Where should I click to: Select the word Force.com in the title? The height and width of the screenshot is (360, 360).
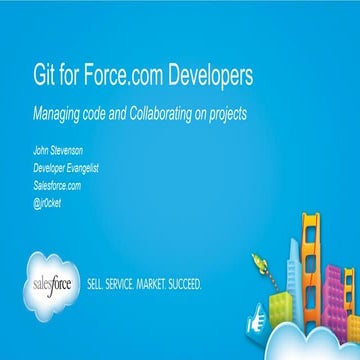click(105, 76)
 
